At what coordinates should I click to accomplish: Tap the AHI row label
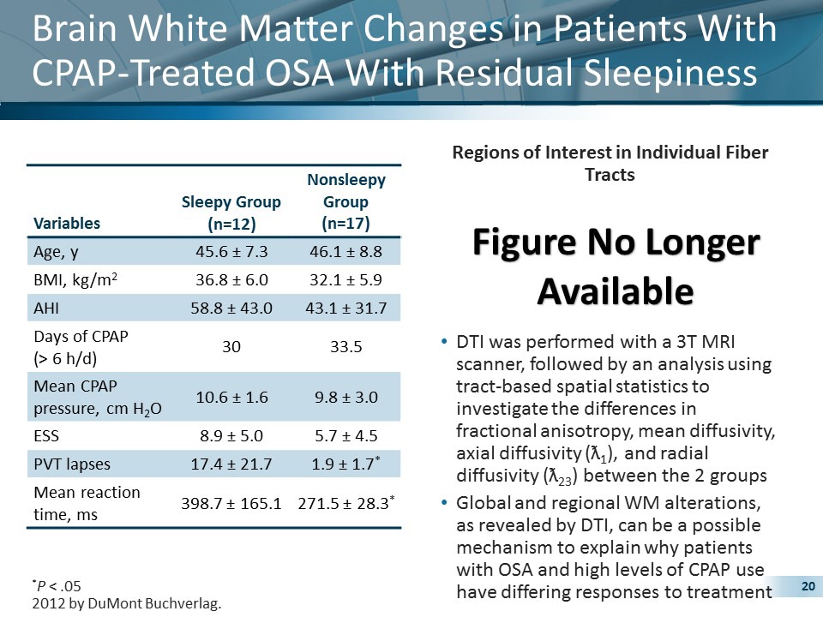coord(45,307)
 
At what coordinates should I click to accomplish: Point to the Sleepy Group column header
coord(231,213)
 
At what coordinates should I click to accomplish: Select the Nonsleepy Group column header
coord(345,202)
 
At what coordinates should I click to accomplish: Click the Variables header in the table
coord(66,223)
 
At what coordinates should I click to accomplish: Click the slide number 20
coord(806,586)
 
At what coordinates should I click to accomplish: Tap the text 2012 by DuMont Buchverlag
coord(126,604)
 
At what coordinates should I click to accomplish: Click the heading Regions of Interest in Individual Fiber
coord(610,153)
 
